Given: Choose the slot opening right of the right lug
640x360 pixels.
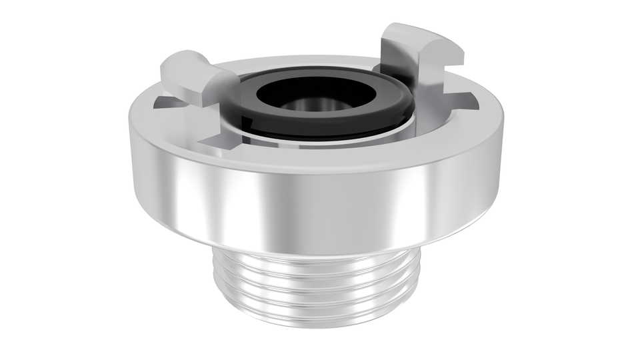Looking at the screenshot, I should [467, 100].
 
